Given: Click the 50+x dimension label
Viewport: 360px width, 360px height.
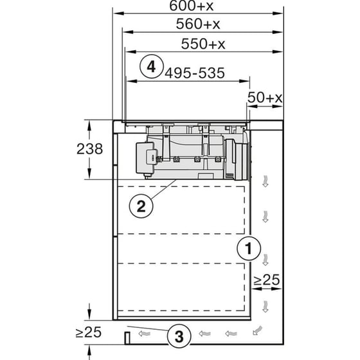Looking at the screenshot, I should pyautogui.click(x=265, y=97).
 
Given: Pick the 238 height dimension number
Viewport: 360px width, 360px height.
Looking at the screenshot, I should pyautogui.click(x=89, y=149).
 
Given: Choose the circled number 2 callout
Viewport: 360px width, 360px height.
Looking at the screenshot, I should pyautogui.click(x=141, y=206).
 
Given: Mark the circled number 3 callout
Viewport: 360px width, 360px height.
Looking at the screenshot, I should pyautogui.click(x=179, y=334).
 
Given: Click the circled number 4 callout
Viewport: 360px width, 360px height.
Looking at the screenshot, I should pyautogui.click(x=150, y=67).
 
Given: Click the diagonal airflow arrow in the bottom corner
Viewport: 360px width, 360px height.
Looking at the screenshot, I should pyautogui.click(x=258, y=331).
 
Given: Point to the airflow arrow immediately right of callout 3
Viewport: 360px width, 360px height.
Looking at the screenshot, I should pyautogui.click(x=204, y=334).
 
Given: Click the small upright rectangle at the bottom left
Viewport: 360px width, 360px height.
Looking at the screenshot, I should pyautogui.click(x=127, y=336).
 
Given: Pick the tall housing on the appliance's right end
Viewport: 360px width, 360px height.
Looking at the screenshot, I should pyautogui.click(x=238, y=159).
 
